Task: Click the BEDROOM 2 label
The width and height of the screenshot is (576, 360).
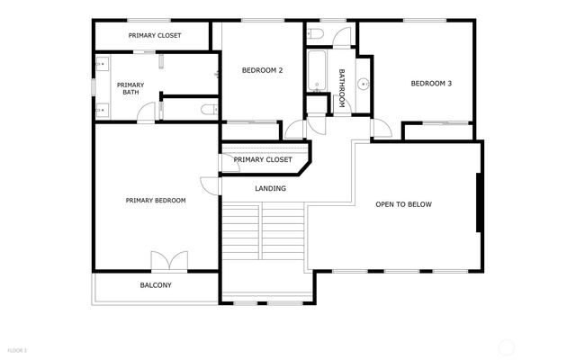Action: pyautogui.click(x=263, y=69)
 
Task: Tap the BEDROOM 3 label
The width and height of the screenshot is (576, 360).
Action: pyautogui.click(x=430, y=84)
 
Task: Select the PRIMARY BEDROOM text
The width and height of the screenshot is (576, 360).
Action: pyautogui.click(x=156, y=201)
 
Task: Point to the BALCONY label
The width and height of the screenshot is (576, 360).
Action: pyautogui.click(x=156, y=285)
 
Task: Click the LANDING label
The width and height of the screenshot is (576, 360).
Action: pyautogui.click(x=271, y=189)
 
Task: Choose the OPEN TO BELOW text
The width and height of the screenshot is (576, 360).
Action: pyautogui.click(x=403, y=204)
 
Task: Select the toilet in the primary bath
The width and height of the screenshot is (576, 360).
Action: pyautogui.click(x=208, y=110)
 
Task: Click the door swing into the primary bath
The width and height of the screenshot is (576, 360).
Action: pyautogui.click(x=145, y=111)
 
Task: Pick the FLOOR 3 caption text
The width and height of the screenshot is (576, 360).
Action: pyautogui.click(x=18, y=349)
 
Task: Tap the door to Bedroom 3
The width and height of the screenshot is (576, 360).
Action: pyautogui.click(x=382, y=128)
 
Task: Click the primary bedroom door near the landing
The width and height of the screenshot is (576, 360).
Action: pyautogui.click(x=209, y=184)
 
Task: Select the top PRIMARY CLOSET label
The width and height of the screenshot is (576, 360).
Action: pyautogui.click(x=155, y=35)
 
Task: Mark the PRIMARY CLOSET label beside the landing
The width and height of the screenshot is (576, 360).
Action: pyautogui.click(x=263, y=159)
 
